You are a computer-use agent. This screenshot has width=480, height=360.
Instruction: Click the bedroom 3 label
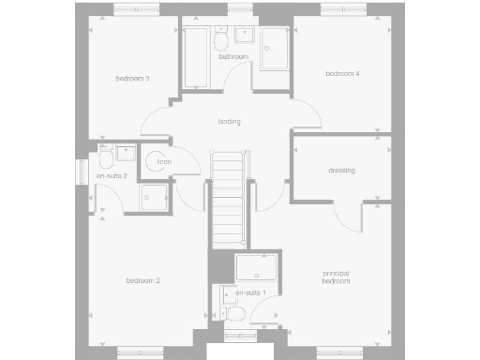133,78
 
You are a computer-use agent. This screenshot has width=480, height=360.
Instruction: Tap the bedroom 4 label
342,73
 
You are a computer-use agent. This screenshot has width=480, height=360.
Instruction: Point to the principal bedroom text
336,277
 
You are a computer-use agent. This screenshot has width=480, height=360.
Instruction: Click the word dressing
341,170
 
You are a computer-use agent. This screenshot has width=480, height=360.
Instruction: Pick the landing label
229,121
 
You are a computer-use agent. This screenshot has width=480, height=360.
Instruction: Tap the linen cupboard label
164,161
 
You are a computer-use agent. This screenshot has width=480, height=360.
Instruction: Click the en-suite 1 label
251,293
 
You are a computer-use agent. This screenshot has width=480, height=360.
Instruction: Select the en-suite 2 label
111,175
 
